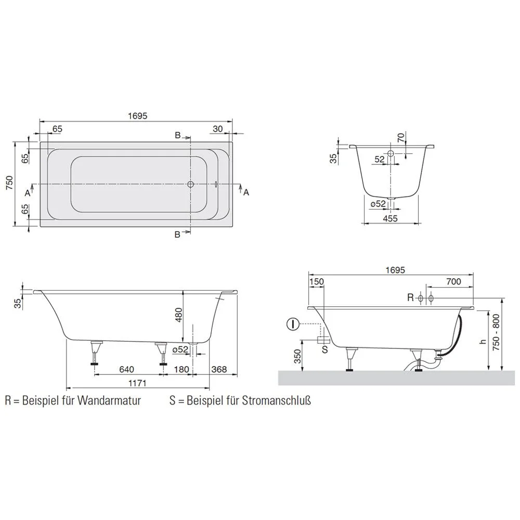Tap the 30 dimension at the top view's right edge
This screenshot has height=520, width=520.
click(x=218, y=129)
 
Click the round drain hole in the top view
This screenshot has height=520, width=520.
click(x=191, y=185)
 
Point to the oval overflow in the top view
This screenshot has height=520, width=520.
click(x=216, y=184)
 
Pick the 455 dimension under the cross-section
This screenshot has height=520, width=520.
click(x=389, y=218)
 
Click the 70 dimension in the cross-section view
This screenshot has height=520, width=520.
click(x=400, y=138)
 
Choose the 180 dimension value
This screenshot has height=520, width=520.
click(x=181, y=369)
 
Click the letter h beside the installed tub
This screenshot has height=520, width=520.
click(x=482, y=342)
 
